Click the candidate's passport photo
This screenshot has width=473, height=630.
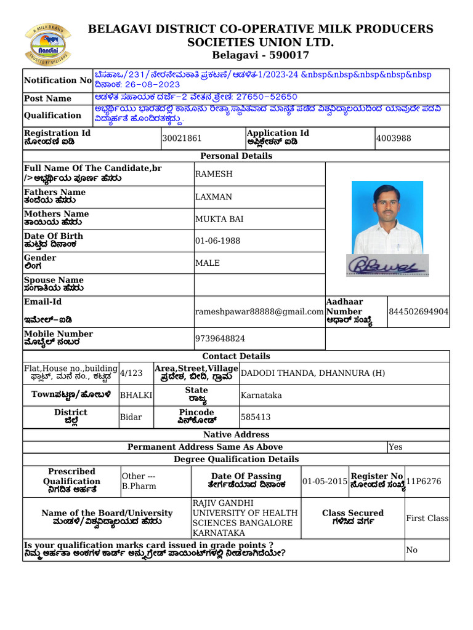[x=387, y=218]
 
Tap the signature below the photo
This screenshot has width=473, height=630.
[x=387, y=265]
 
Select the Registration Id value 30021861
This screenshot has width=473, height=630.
[x=182, y=139]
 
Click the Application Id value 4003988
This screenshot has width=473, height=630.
[x=394, y=139]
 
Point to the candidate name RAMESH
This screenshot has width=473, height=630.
[x=214, y=174]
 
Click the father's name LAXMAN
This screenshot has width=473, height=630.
[x=214, y=197]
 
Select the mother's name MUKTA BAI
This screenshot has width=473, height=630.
[x=219, y=219]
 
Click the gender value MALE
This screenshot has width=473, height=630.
[x=208, y=263]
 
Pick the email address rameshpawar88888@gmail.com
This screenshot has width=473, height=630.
[x=259, y=313]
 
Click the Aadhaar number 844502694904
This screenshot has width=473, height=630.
[x=419, y=312]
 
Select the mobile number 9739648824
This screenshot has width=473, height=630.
[x=220, y=339]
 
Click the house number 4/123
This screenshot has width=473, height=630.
[x=131, y=373]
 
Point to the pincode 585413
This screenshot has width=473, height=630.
[x=256, y=417]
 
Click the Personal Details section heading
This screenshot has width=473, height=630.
[x=236, y=156]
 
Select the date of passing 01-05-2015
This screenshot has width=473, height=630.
[x=325, y=482]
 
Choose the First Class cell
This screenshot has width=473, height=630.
[x=427, y=519]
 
